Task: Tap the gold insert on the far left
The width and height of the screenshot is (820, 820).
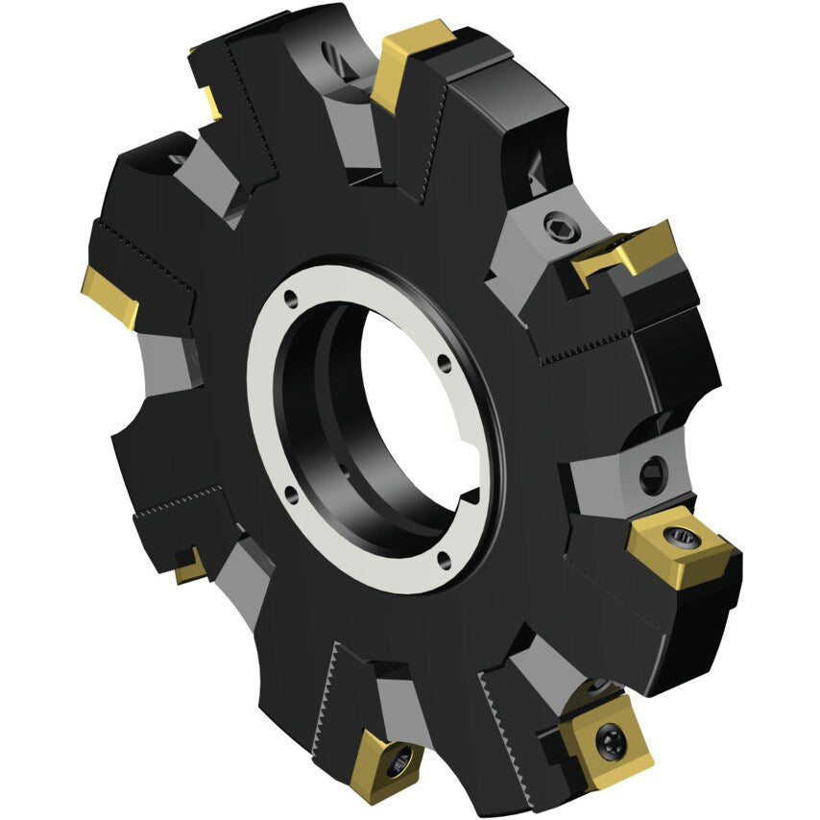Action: point(108,296)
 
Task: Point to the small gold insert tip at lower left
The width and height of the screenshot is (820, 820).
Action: point(190,567)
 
